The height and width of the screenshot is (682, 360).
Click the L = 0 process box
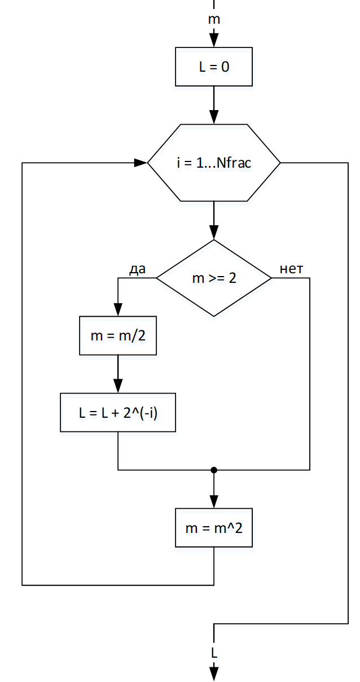pos(214,67)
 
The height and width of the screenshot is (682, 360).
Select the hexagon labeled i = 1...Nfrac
pos(214,163)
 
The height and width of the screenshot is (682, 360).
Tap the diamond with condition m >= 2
pos(214,278)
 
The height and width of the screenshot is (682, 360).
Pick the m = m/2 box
pos(118,336)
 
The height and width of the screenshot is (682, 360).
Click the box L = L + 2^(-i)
pos(118,413)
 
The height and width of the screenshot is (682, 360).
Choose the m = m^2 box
pos(214,528)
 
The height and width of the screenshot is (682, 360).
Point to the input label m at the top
pos(214,20)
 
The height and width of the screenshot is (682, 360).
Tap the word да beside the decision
pos(138,269)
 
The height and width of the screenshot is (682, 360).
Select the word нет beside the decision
pos(291,269)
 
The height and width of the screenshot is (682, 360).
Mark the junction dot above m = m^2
pos(214,470)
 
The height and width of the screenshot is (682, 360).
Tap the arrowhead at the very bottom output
pos(214,674)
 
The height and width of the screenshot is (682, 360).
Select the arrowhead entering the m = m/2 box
pos(118,311)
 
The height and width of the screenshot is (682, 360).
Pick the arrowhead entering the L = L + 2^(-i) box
pos(118,387)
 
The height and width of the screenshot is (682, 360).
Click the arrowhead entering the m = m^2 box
pos(214,502)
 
